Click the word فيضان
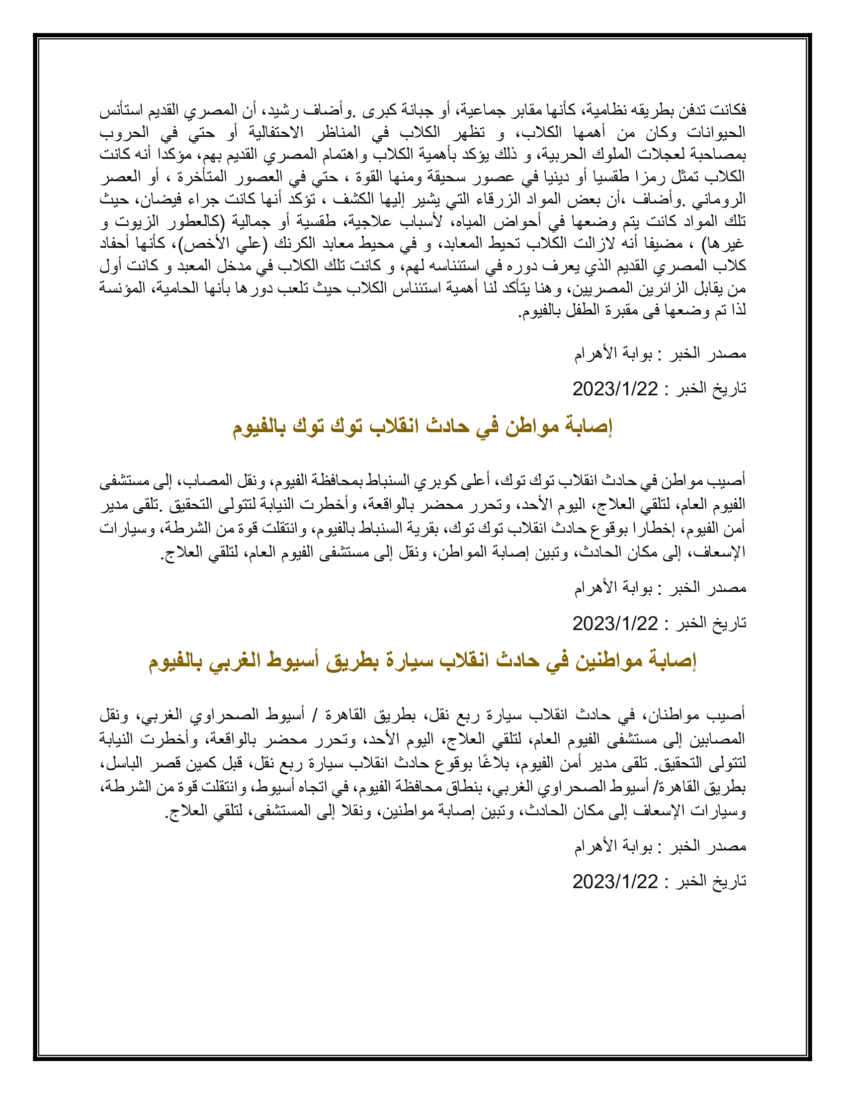[x=157, y=199]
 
